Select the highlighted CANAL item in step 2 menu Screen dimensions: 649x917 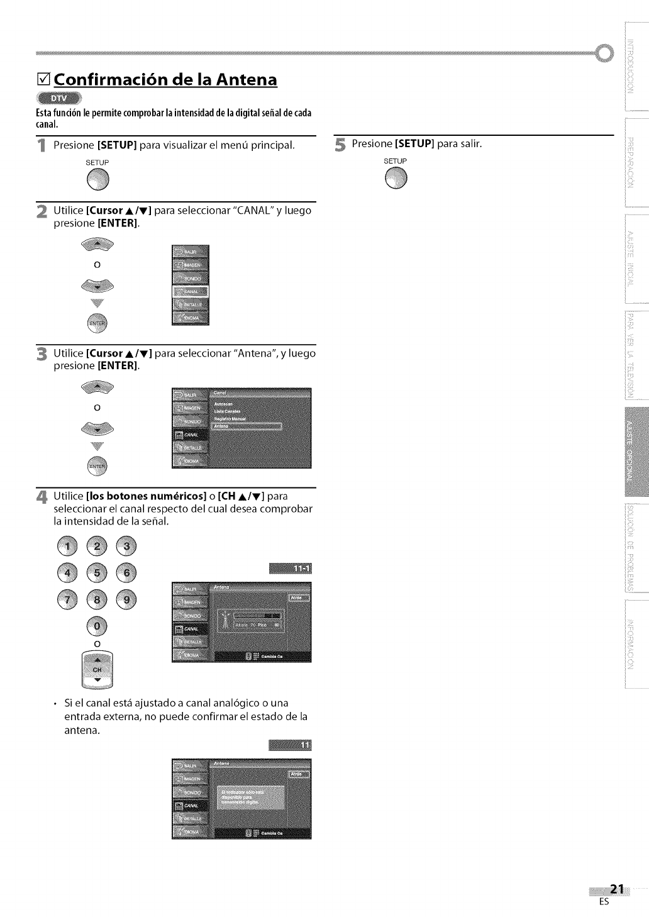[190, 292]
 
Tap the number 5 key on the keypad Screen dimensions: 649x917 [97, 572]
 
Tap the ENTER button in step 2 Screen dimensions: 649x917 [97, 324]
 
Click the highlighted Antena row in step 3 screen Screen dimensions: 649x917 [247, 426]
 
